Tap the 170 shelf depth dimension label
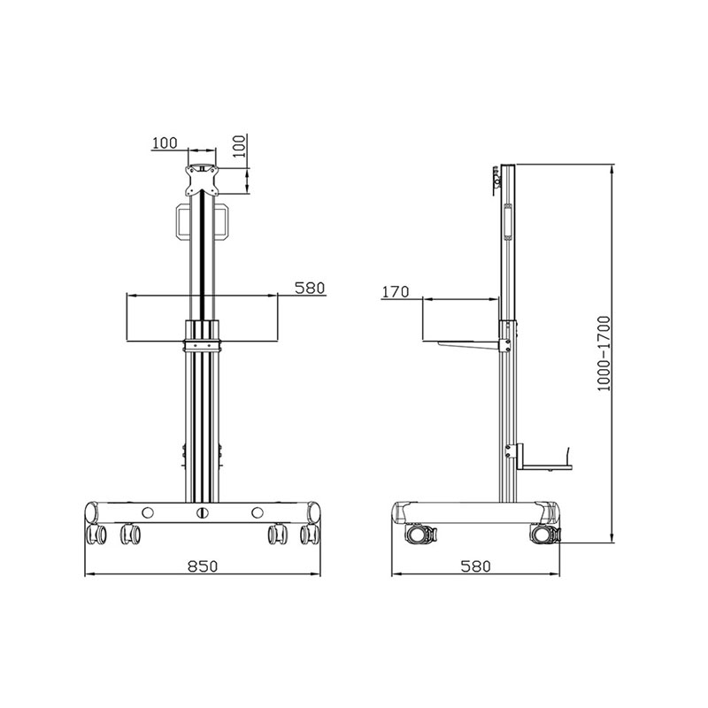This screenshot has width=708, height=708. [396, 291]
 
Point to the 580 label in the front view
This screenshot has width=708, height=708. [310, 288]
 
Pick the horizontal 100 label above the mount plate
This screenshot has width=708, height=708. [165, 142]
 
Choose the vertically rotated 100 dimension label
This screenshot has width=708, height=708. [240, 148]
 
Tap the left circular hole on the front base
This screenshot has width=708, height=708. [148, 512]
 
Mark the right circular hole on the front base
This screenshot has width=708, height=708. [258, 512]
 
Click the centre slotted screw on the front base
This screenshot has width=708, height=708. [203, 512]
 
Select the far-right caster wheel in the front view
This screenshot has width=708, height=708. [310, 534]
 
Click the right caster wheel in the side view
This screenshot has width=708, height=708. [543, 535]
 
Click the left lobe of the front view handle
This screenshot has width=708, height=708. [181, 221]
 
